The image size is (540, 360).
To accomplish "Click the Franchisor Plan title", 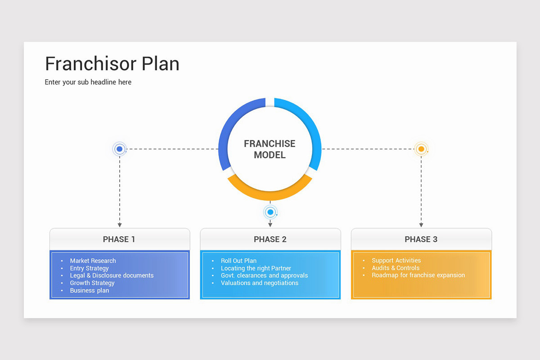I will [112, 63].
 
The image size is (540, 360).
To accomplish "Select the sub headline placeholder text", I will [88, 82].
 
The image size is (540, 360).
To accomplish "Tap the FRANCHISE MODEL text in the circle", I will [270, 149].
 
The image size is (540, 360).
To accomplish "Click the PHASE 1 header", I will [119, 239].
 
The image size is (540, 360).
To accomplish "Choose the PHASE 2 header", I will [270, 239].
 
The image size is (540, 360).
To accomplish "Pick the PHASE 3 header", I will [421, 239].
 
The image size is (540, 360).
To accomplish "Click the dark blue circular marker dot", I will [119, 149].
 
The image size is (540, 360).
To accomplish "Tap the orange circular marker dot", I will [421, 149].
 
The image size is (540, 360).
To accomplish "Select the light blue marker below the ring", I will [270, 212].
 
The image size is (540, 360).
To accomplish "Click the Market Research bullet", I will [93, 261].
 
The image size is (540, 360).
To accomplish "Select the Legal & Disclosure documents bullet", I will [112, 275].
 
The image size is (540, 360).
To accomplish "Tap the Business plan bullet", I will [89, 290].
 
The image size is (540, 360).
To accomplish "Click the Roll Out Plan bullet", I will [238, 261].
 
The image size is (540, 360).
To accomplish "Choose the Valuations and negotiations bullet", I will [259, 283].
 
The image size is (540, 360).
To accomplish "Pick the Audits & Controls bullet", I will [395, 268].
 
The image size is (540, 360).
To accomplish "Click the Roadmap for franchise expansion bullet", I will [418, 275].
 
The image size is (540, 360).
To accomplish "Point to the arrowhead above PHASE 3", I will [421, 225].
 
